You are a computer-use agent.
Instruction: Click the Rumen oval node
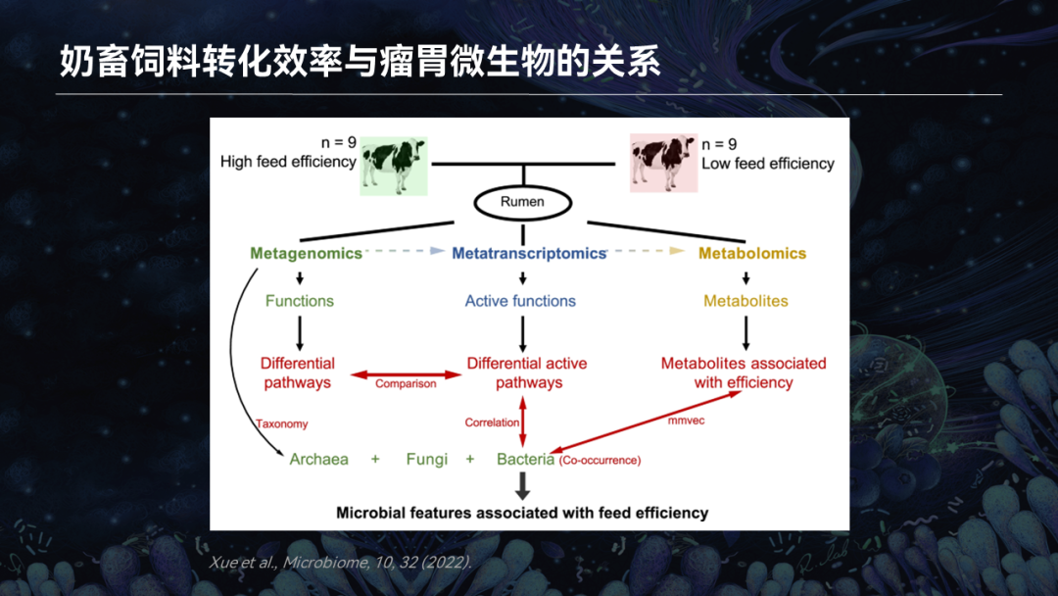click(x=522, y=202)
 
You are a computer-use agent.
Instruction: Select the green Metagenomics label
click(x=306, y=253)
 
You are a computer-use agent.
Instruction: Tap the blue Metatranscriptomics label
click(x=529, y=253)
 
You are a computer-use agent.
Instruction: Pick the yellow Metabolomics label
click(x=752, y=253)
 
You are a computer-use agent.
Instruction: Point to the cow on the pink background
click(x=663, y=162)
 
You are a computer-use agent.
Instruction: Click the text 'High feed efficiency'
click(x=288, y=162)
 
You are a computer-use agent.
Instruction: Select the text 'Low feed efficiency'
click(x=768, y=163)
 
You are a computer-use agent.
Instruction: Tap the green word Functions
click(x=300, y=301)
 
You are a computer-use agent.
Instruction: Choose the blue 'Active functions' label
click(x=520, y=301)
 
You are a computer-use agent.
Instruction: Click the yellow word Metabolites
click(x=745, y=301)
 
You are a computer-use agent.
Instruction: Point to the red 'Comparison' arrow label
click(x=406, y=383)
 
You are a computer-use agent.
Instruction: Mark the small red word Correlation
click(x=492, y=422)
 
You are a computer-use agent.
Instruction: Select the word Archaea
click(x=318, y=459)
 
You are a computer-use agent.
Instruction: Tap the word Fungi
click(x=426, y=459)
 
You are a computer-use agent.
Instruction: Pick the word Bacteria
click(x=525, y=459)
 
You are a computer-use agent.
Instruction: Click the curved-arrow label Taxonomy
click(x=282, y=423)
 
